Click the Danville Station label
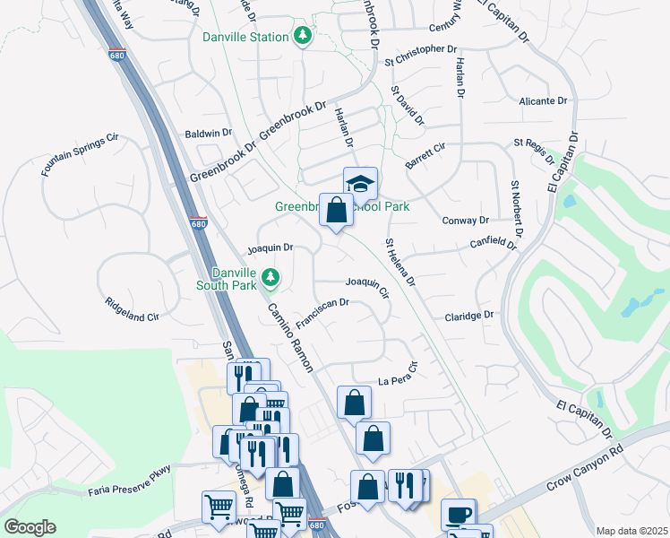tap(245, 37)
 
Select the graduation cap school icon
tap(361, 184)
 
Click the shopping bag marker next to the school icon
tap(336, 213)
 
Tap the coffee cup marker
tap(459, 515)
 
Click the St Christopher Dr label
tap(421, 56)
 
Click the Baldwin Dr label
tap(208, 133)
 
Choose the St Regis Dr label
tap(536, 149)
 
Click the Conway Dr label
tap(466, 220)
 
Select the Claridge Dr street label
tap(469, 316)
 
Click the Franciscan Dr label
tap(322, 314)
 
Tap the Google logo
tap(30, 527)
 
